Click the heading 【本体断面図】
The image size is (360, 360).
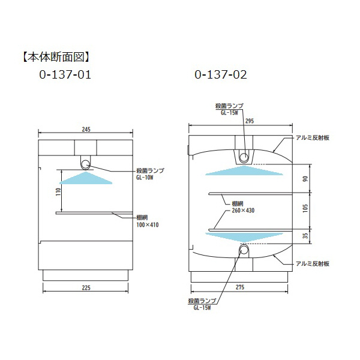click(55, 58)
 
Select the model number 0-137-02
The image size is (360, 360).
click(221, 76)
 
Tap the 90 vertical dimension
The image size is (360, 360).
click(305, 178)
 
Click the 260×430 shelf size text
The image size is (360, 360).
click(243, 211)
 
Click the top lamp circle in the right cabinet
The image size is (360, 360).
click(244, 157)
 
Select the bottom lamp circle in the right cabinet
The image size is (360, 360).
click(244, 250)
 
